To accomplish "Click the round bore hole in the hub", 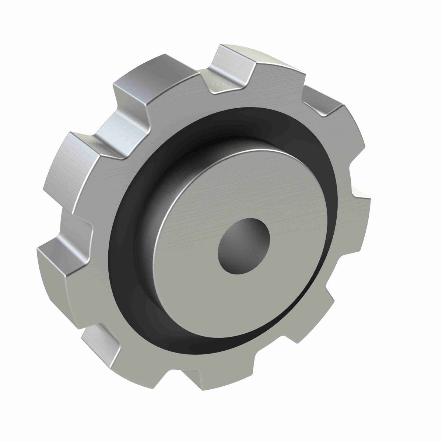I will pyautogui.click(x=243, y=246).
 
